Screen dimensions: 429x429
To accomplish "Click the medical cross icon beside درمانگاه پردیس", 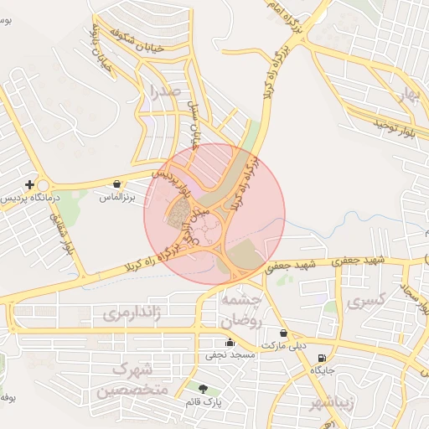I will pyautogui.click(x=30, y=184).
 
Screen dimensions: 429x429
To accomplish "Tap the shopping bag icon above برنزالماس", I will pyautogui.click(x=116, y=183).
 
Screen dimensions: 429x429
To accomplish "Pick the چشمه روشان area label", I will pyautogui.click(x=241, y=309).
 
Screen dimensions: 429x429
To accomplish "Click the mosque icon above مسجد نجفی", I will pyautogui.click(x=230, y=342).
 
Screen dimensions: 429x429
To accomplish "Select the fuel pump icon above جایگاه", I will pyautogui.click(x=323, y=358).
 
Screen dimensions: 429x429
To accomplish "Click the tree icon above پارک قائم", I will pyautogui.click(x=202, y=388).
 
